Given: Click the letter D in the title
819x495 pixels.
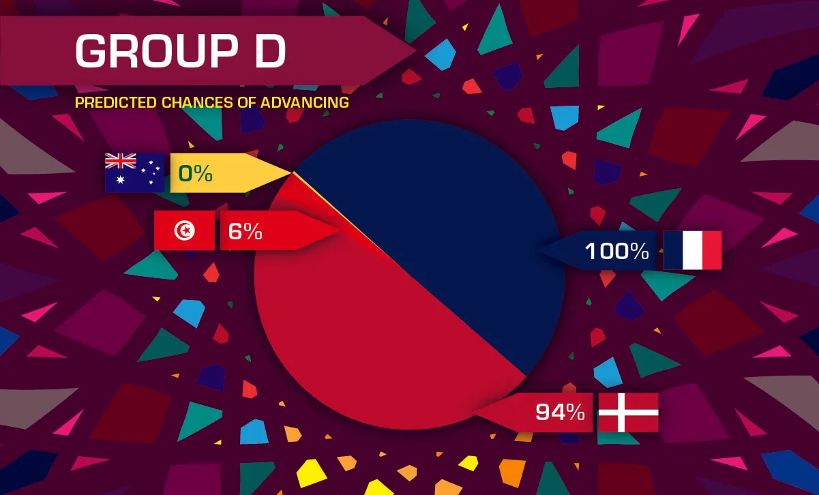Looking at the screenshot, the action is (270, 51).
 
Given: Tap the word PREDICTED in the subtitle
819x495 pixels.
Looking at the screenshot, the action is (116, 103).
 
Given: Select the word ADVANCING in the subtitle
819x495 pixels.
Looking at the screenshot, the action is (305, 103).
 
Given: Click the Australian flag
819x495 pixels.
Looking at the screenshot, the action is (134, 172).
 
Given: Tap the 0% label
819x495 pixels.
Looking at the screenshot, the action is (195, 173).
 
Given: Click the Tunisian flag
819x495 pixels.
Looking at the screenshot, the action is (184, 230).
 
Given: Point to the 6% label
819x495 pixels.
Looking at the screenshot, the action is (245, 231).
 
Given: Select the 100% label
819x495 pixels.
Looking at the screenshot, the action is (617, 251).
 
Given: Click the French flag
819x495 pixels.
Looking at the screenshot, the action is (692, 250).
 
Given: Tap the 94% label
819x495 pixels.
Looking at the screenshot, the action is (560, 412).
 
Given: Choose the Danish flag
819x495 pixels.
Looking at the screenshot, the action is (629, 412).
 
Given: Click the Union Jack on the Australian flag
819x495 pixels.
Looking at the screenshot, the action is (120, 161).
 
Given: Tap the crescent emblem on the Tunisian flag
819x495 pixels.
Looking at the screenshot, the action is (184, 230).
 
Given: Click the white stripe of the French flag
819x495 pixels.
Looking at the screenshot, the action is (692, 250).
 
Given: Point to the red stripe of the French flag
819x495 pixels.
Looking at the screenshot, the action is (712, 250).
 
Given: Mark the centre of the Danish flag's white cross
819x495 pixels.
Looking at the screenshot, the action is (621, 412).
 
